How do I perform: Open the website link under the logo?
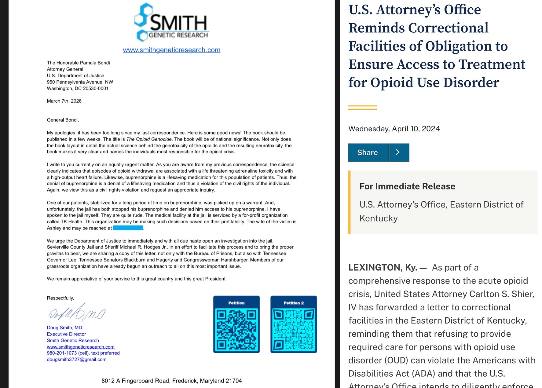171,50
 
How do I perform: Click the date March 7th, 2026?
64,101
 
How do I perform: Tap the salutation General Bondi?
63,120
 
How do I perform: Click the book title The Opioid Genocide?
149,139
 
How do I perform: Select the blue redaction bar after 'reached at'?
128,228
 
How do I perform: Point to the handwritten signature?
77,313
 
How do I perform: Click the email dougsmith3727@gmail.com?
77,360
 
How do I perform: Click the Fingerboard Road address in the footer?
171,381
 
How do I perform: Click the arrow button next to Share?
399,152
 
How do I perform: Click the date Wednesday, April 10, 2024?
394,129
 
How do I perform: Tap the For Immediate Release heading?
407,186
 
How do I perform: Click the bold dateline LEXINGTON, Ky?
383,268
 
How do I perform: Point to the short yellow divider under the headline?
362,108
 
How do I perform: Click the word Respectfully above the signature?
60,298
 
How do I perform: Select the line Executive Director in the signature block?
66,334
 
